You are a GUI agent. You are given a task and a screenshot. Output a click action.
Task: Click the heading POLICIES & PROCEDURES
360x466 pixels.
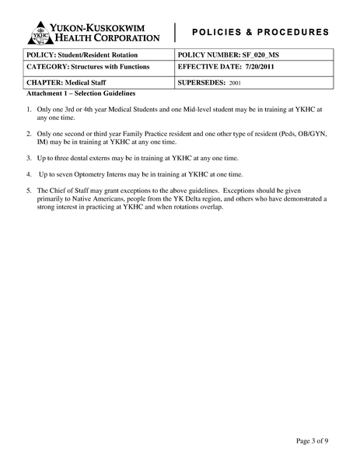tap(260, 33)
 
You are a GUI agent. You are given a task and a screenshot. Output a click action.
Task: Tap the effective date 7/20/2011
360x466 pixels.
tap(277, 68)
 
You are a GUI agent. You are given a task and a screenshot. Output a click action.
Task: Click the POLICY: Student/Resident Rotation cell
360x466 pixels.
tap(82, 55)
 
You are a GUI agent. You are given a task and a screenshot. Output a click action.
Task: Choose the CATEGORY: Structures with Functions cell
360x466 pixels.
tap(88, 68)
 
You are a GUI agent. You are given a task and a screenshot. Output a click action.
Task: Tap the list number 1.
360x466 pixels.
tap(29, 110)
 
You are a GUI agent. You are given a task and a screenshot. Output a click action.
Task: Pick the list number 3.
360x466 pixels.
tap(29, 158)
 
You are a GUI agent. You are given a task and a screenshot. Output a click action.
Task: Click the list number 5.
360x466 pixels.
tap(29, 190)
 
